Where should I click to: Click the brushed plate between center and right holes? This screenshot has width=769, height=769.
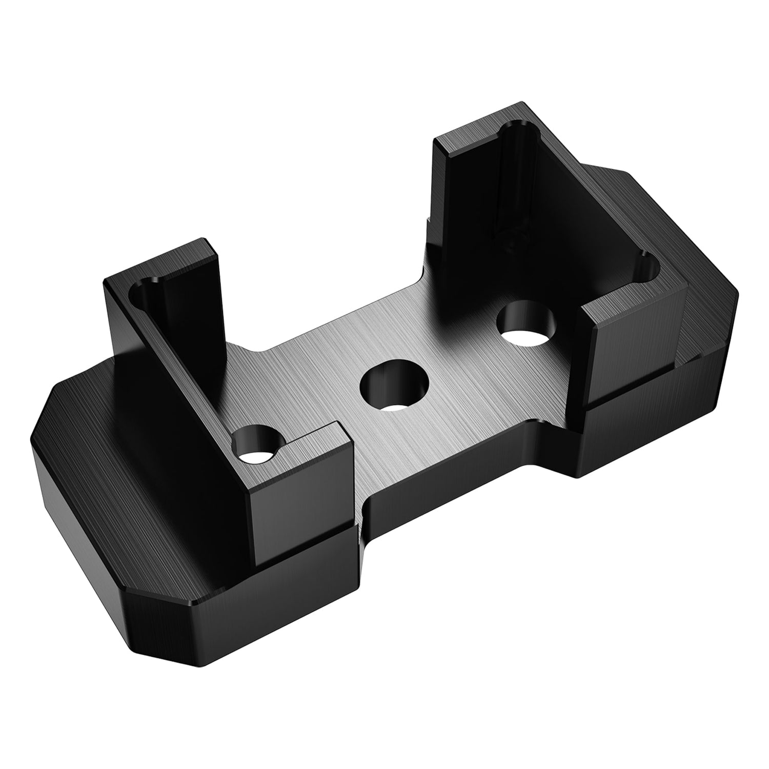tap(461, 359)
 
